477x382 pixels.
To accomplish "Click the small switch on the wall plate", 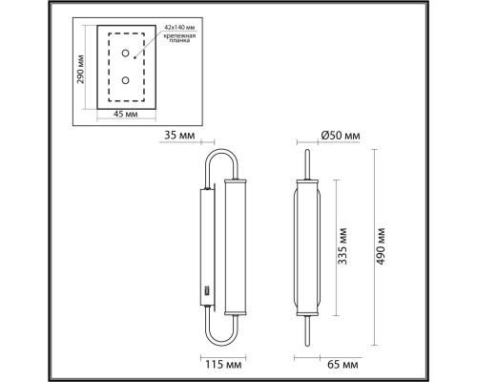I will [205, 288].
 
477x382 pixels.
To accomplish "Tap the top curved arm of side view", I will [218, 158].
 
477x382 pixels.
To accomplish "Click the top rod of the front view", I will [308, 162].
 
